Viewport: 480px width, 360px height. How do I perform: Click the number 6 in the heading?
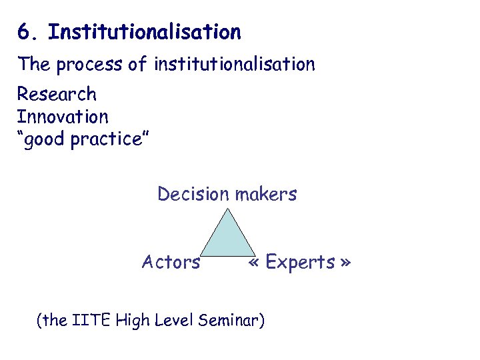tap(23, 32)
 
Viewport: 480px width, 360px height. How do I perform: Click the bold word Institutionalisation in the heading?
tap(145, 32)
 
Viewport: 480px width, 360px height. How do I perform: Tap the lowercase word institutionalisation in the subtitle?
tap(234, 65)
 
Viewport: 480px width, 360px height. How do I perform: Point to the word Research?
tap(57, 94)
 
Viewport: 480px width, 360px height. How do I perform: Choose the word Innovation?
tap(62, 117)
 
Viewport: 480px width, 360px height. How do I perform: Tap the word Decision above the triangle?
tap(193, 195)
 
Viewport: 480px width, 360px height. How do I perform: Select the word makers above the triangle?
tap(265, 195)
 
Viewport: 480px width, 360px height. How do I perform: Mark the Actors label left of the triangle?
tap(171, 263)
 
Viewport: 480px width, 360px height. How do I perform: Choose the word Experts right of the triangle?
tap(300, 263)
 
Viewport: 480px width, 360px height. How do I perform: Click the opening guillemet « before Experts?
tap(254, 263)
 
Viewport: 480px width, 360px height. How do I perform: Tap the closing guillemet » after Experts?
tap(345, 263)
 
